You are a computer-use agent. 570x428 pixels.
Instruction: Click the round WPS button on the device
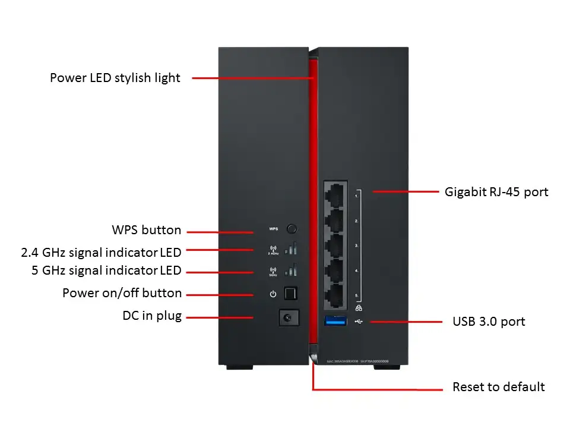[292, 228]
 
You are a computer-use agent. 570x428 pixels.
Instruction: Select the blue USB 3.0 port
[336, 322]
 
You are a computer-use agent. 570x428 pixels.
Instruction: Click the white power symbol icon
[273, 294]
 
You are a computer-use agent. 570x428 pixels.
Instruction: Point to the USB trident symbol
[359, 322]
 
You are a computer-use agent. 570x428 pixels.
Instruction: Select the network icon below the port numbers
[358, 308]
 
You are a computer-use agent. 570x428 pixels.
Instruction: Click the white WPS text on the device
[273, 229]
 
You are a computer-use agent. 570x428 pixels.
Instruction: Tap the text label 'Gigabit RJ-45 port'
[496, 192]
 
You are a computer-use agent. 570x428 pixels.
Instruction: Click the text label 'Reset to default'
[498, 387]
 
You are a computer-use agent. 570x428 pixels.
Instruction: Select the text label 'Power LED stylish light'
[115, 78]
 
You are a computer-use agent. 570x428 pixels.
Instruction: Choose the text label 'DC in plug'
[152, 316]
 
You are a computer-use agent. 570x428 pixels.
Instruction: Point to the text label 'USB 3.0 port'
[489, 322]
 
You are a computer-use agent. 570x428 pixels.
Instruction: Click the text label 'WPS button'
[147, 230]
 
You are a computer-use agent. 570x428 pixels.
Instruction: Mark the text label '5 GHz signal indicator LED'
[106, 271]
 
